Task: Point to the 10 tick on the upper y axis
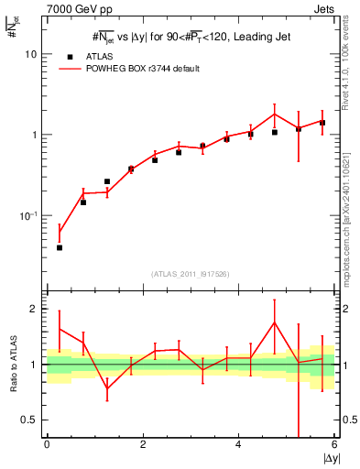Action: point(35,54)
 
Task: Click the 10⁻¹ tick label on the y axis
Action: point(32,216)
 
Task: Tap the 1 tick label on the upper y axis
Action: point(37,135)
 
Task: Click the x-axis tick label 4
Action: point(239,444)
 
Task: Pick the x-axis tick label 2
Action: point(143,444)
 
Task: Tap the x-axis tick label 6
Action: point(335,444)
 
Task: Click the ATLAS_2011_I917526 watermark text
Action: point(190,274)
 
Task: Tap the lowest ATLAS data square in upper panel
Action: point(60,247)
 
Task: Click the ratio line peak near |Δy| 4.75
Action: point(275,322)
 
